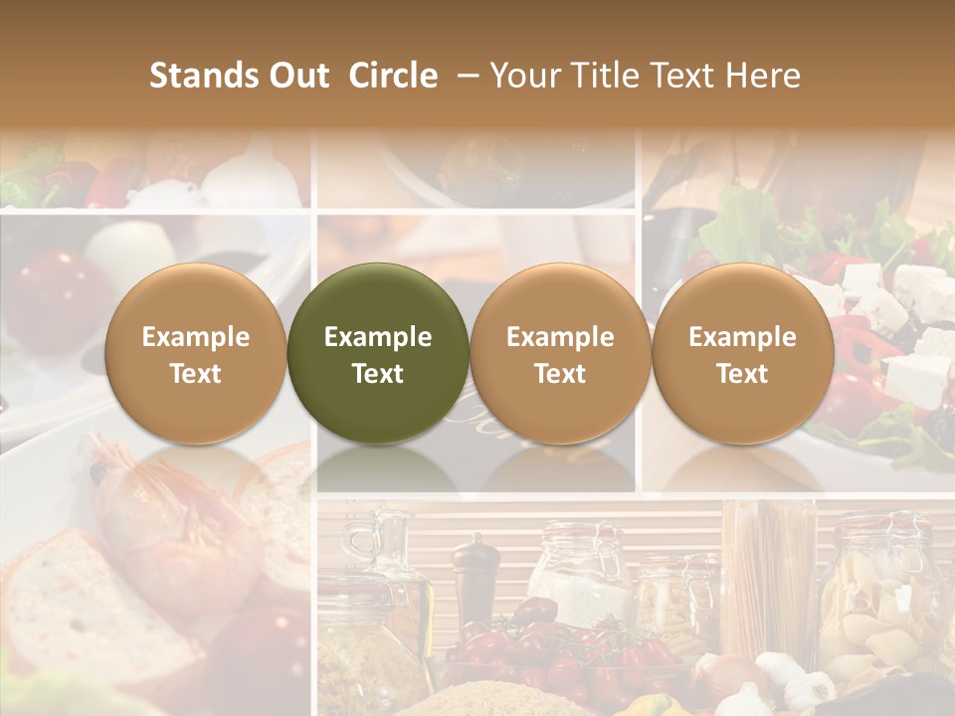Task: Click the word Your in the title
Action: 524,76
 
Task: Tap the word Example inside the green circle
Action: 378,337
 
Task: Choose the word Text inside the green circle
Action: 378,374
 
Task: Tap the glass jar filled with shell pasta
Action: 875,597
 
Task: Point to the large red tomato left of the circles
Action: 50,298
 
